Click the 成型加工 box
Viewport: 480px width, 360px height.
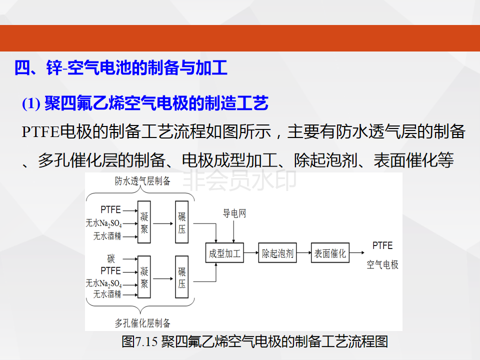[224, 253]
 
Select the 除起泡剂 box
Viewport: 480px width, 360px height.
[277, 253]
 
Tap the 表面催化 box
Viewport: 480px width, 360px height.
[330, 253]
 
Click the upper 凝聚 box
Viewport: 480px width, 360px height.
[144, 222]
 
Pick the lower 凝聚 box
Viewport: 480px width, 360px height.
[144, 277]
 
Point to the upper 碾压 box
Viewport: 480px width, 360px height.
[181, 222]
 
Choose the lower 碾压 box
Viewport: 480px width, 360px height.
[181, 277]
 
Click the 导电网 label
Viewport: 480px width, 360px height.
[234, 213]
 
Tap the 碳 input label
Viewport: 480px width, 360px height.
[111, 258]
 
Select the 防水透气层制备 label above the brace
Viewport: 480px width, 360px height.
[142, 181]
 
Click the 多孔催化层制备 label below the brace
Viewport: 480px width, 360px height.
[142, 323]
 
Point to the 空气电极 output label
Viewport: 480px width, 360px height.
[382, 264]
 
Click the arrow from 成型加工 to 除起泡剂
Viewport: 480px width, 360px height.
[251, 253]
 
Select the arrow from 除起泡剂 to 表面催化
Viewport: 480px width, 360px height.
[303, 253]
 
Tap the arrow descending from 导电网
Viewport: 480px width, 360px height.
[233, 231]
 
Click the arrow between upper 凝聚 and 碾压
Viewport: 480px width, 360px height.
[163, 223]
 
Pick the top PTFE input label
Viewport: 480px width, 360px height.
[110, 209]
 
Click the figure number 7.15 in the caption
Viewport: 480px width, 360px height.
[146, 341]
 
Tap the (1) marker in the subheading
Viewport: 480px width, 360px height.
[31, 103]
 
